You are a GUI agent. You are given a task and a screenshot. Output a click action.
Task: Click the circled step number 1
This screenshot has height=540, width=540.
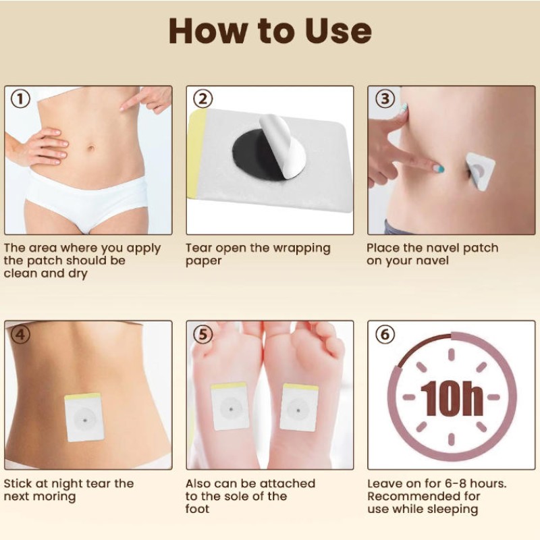coord(22,99)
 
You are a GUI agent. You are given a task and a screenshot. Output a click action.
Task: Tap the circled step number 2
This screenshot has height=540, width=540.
coord(203,99)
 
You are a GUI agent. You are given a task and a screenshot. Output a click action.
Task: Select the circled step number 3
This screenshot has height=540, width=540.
coord(385,99)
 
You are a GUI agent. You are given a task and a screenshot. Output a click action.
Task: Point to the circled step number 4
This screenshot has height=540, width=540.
coord(22,334)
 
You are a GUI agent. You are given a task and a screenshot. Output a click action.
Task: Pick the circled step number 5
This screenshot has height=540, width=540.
coord(203,334)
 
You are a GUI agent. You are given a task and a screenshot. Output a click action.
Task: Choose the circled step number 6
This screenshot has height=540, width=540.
coord(385,334)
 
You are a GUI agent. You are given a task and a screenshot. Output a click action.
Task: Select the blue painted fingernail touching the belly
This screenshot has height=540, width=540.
coord(438,169)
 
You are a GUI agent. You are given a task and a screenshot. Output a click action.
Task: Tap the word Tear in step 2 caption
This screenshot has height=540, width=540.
coord(200,248)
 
